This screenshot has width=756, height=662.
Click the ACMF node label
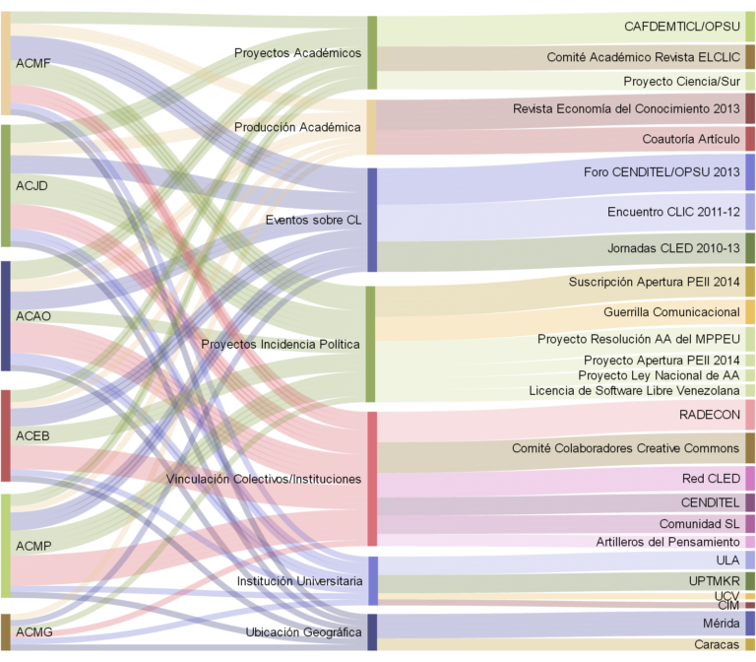pos(33,64)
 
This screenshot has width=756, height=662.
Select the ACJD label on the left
pos(32,185)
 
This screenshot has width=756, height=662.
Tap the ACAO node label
pos(33,316)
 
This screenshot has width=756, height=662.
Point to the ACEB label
pos(32,435)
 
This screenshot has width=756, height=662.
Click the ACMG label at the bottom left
pos(33,631)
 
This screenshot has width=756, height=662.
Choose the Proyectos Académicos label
pos(297,52)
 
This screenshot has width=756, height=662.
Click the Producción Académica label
pos(297,127)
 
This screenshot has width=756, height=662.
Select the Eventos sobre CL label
pos(313,220)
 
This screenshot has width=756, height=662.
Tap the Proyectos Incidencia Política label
pos(281,344)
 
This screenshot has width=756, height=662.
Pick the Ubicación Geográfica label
pos(303,631)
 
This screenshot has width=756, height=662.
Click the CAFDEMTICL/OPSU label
pos(681,27)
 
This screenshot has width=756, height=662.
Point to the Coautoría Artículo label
pos(691,139)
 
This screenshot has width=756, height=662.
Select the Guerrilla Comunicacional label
pos(671,312)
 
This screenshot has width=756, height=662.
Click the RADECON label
pos(710,415)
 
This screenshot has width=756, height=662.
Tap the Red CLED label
pos(711,479)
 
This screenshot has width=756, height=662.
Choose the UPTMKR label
pos(715,581)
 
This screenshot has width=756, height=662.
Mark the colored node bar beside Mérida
pos(750,624)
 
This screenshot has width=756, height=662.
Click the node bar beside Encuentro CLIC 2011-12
pos(750,212)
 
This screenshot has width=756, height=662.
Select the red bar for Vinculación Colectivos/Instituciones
pos(372,479)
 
